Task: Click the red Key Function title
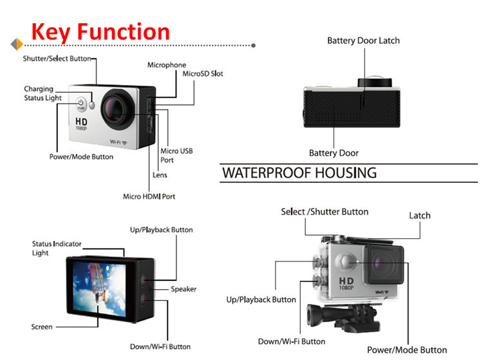(x=100, y=32)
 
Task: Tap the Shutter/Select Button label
(x=57, y=59)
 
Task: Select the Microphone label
(x=167, y=65)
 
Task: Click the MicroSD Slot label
(x=203, y=73)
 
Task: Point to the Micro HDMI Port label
(x=149, y=196)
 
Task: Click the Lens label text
(x=160, y=175)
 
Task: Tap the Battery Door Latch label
(x=363, y=41)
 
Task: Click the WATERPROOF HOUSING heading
(x=299, y=173)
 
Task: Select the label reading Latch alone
(x=420, y=216)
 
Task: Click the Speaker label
(x=184, y=289)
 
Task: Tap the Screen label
(x=42, y=327)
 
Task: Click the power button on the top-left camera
(x=80, y=104)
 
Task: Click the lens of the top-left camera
(x=118, y=109)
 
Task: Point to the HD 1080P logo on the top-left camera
(x=81, y=124)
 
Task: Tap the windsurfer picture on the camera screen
(x=99, y=289)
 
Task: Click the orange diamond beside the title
(x=17, y=44)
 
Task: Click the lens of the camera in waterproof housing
(x=384, y=265)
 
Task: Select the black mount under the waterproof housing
(x=343, y=317)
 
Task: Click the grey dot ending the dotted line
(x=253, y=46)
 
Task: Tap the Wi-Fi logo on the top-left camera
(x=118, y=142)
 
